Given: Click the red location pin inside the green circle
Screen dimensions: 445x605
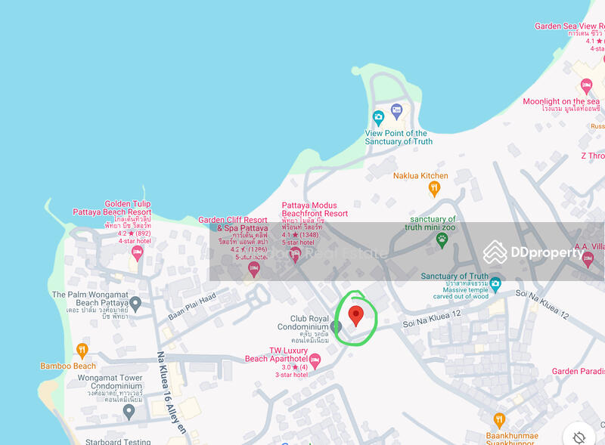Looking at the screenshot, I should point(355,314).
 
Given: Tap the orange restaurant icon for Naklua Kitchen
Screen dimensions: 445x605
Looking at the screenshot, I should point(434,188).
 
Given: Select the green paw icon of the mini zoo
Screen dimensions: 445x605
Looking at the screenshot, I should point(442,239).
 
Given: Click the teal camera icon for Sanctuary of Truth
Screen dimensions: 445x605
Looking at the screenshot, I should point(495,284).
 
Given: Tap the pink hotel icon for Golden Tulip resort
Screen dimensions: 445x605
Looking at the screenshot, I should point(137,252).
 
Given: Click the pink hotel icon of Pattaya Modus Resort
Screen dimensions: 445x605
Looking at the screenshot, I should point(296,252).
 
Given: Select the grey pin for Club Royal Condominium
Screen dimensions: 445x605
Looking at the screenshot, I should point(337,326).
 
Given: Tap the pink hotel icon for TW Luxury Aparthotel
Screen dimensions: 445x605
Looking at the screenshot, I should point(315,361).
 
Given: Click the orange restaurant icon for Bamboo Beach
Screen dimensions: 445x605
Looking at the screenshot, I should point(82,350).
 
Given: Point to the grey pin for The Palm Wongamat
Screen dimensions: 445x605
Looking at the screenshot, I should point(135,304).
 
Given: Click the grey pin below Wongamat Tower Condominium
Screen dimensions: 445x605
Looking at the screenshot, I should point(129,411).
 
